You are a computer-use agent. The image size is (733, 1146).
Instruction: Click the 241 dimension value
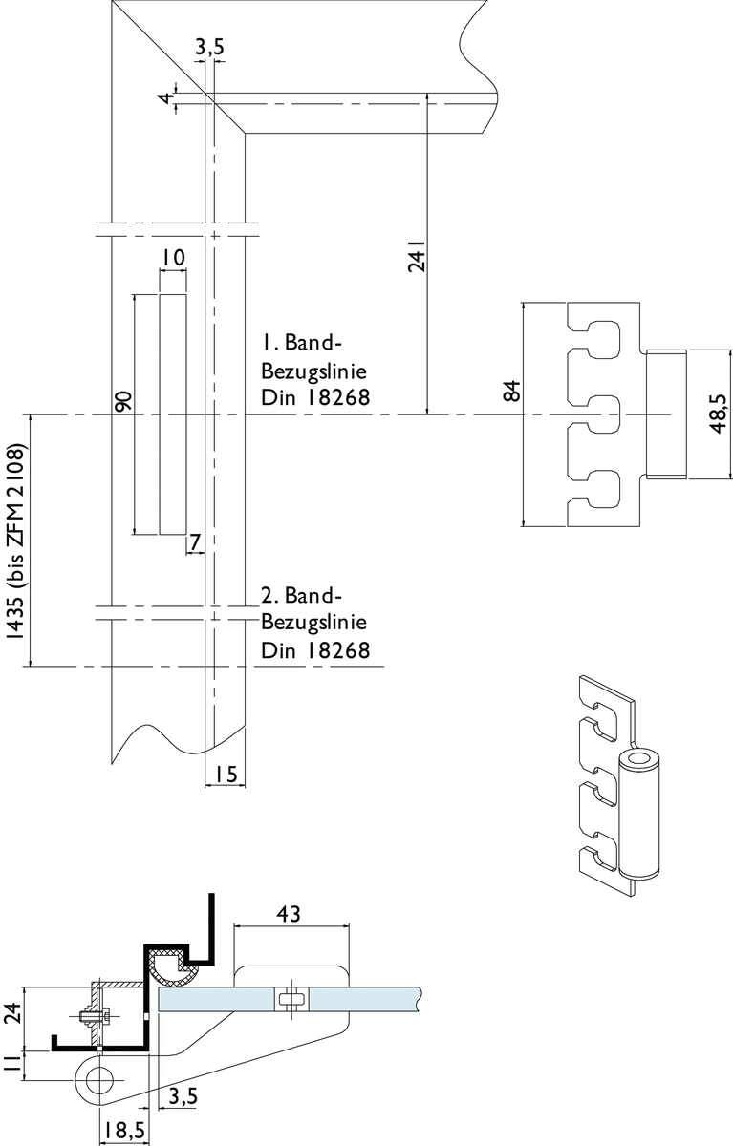click(x=417, y=256)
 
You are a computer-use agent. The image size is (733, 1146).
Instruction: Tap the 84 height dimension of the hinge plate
click(x=512, y=391)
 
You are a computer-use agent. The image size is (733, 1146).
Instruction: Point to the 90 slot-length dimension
click(x=123, y=402)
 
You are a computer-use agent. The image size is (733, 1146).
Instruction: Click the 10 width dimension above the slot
click(x=173, y=258)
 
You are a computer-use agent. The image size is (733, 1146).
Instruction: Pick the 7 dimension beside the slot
click(x=195, y=542)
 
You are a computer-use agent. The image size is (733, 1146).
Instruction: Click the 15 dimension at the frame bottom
click(x=226, y=927)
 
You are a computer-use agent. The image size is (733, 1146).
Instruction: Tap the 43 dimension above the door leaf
click(x=289, y=914)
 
